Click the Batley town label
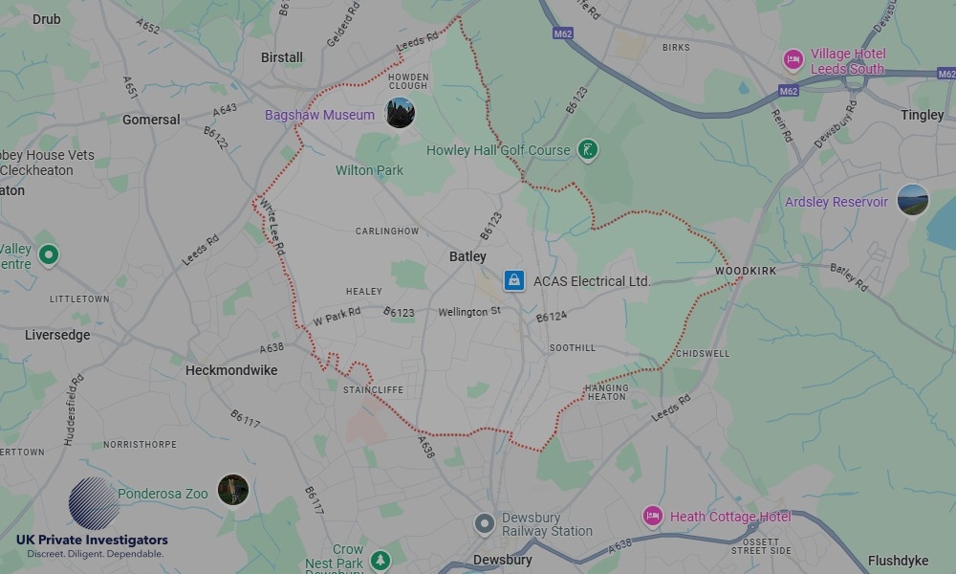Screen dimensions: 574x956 [x=467, y=256]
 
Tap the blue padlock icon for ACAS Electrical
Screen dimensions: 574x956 [x=514, y=280]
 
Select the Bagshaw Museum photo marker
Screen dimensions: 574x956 [x=400, y=113]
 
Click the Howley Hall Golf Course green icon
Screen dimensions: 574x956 [x=588, y=149]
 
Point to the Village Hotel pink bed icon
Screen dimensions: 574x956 [x=793, y=60]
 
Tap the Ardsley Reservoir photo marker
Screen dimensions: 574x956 [x=912, y=201]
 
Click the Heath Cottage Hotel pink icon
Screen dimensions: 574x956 [x=653, y=517]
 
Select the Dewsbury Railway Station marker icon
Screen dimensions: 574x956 [x=486, y=523]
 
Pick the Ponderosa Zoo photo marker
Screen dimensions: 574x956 [x=232, y=491]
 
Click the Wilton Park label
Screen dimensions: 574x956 [x=369, y=170]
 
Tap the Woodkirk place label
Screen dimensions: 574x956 [x=746, y=272]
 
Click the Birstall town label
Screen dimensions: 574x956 [x=282, y=57]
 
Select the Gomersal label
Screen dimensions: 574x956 [x=151, y=120]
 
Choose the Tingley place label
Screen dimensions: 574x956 [x=922, y=115]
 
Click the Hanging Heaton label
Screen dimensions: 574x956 [x=606, y=392]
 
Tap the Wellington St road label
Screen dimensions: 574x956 [x=469, y=313]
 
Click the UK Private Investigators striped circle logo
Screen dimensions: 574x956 [x=94, y=503]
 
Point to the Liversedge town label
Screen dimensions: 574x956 [x=57, y=335]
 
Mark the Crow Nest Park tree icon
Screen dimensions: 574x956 [x=380, y=559]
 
